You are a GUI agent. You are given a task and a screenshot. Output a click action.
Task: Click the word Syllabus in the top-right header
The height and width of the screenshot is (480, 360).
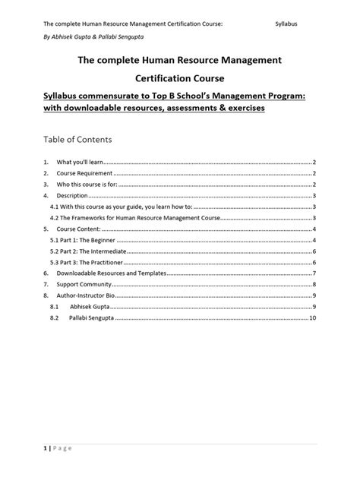tap(286, 24)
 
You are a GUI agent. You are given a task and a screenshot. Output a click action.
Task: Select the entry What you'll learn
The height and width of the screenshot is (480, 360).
tap(80, 163)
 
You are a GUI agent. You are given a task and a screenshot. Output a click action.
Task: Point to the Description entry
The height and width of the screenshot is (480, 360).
tap(73, 195)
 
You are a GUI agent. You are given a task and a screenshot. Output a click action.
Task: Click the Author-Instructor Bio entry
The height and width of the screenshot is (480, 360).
tap(86, 295)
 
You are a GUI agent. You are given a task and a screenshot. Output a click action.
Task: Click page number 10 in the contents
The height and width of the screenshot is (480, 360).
tap(313, 317)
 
